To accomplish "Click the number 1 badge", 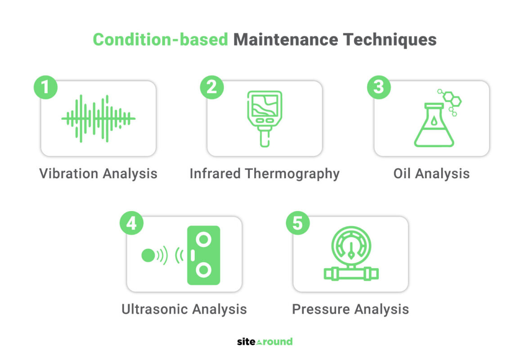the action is [45, 87].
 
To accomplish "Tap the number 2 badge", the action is [212, 87].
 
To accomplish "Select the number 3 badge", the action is [379, 87].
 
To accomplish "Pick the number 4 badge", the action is [131, 223].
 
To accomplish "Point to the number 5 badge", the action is [298, 223].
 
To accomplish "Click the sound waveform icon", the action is [98, 118].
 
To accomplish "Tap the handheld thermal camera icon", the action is [264, 119].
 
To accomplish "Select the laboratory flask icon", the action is [434, 125].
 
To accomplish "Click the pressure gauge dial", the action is [351, 246].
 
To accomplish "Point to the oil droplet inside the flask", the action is [434, 121].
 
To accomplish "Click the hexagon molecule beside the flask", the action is [450, 102].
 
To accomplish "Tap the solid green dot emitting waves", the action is [148, 256].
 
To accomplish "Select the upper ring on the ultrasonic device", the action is [203, 239].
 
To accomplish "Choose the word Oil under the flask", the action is [402, 174].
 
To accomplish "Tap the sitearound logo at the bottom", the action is [265, 342].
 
